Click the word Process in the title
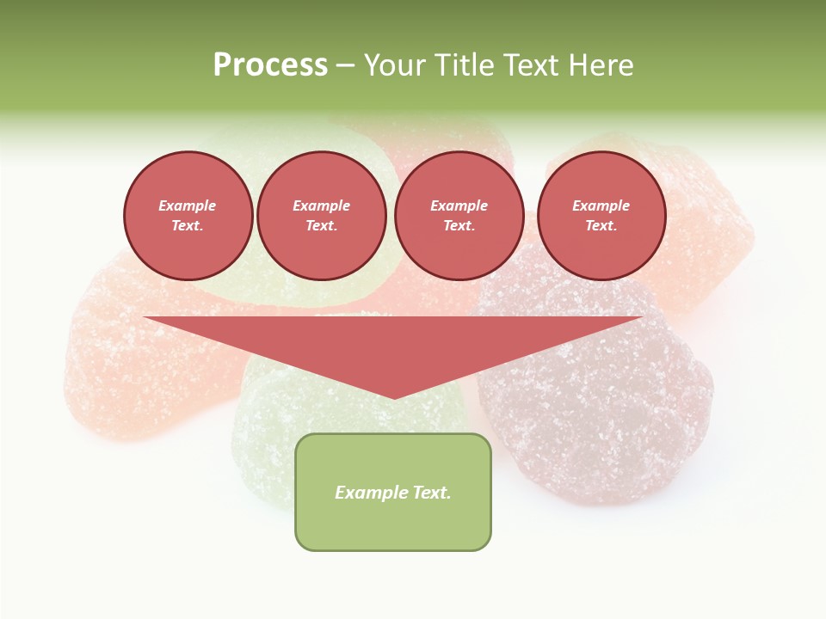click(x=270, y=65)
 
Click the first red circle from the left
click(x=188, y=216)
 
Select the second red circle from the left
click(x=322, y=216)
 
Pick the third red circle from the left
click(x=459, y=216)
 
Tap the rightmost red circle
click(x=601, y=216)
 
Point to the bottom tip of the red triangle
click(x=394, y=397)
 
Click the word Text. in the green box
click(x=432, y=493)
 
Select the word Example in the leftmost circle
click(x=188, y=205)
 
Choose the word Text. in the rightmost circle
click(x=601, y=226)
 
